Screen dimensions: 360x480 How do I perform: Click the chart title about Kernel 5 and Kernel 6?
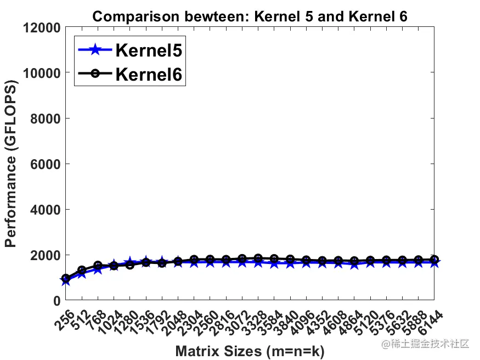pos(250,16)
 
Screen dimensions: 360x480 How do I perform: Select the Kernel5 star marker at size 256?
pos(65,280)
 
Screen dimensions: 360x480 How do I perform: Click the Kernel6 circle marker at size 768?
pos(98,266)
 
